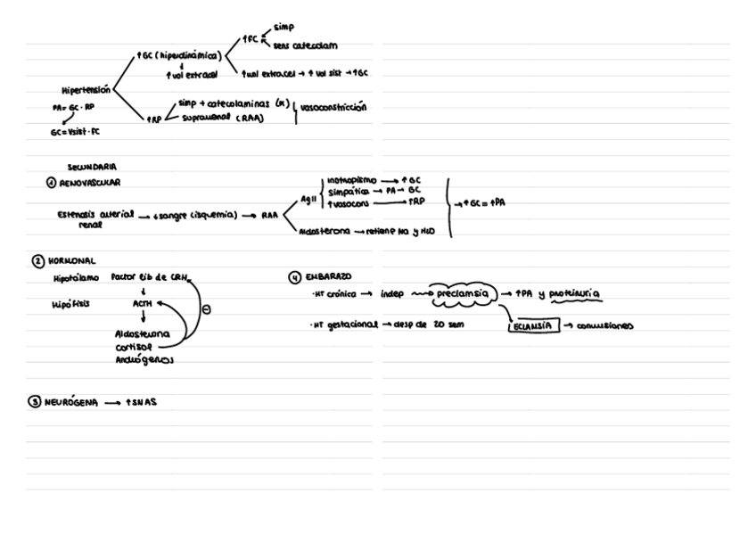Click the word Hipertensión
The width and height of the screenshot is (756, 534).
click(86, 90)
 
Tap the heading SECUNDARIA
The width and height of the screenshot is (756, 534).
click(92, 167)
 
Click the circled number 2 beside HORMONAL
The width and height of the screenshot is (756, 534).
click(37, 261)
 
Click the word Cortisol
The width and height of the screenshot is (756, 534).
click(134, 347)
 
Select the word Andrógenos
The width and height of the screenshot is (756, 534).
click(144, 360)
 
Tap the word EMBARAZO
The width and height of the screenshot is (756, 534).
click(330, 277)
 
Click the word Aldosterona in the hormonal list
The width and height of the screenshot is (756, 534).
click(142, 333)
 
